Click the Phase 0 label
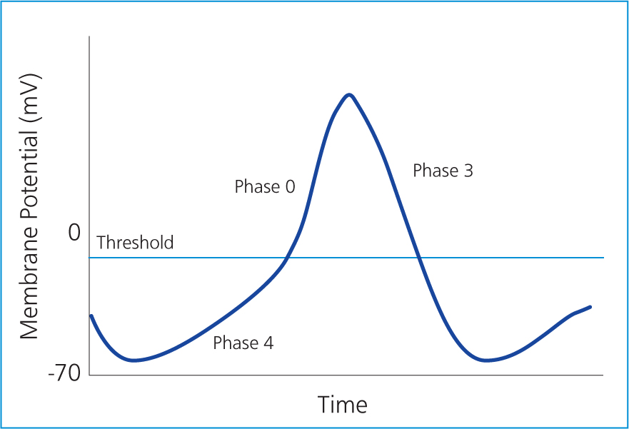click(265, 186)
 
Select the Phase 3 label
click(443, 171)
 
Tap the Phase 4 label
click(243, 343)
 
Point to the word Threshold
click(135, 243)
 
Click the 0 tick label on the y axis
click(74, 232)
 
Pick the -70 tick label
click(64, 373)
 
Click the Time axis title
click(342, 404)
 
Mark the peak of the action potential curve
click(349, 95)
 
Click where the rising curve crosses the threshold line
click(286, 258)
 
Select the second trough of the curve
click(486, 360)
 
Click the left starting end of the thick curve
click(91, 316)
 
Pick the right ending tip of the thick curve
click(590, 307)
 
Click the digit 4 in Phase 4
click(268, 343)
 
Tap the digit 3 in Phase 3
click(468, 171)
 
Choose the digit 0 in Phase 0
click(290, 187)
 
